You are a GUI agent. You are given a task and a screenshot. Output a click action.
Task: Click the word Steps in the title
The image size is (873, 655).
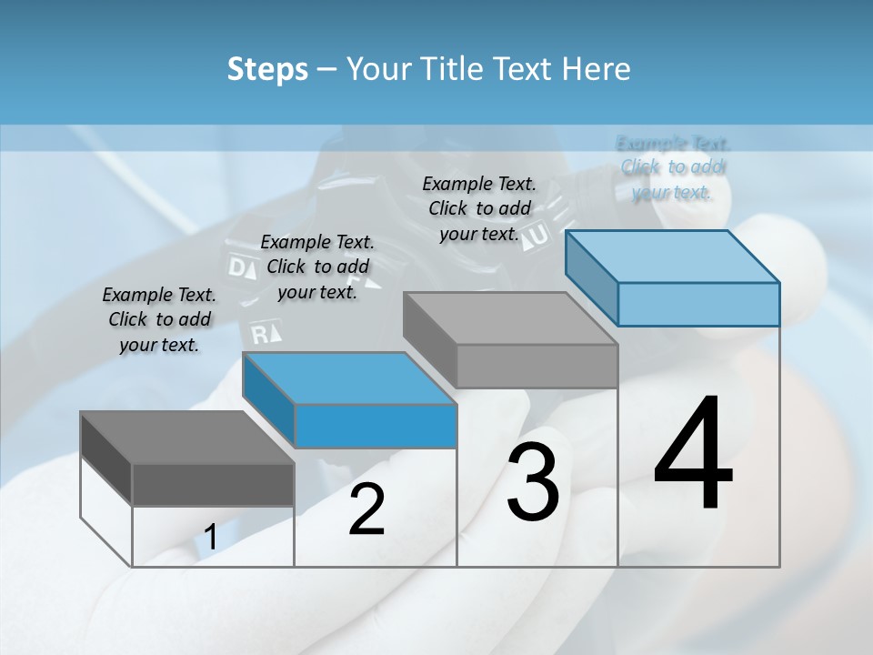click(266, 69)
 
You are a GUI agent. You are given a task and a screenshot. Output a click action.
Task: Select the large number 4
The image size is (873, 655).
click(693, 455)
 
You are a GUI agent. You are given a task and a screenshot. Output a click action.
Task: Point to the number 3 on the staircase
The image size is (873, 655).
click(533, 482)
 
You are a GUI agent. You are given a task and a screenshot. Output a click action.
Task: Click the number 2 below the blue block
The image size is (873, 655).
click(366, 509)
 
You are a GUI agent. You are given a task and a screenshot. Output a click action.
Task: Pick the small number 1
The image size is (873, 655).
click(210, 538)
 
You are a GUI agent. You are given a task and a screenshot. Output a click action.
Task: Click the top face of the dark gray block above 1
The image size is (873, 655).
click(186, 437)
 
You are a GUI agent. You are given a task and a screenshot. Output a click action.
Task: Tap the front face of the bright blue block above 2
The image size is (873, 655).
click(376, 426)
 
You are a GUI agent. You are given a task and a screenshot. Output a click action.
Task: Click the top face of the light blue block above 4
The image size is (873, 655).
click(673, 256)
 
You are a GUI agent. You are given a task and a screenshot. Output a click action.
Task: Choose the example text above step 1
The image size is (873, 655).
click(159, 320)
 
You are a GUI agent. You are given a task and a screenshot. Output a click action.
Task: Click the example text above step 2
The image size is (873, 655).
click(317, 267)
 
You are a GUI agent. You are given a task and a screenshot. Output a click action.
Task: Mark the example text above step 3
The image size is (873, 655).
click(479, 208)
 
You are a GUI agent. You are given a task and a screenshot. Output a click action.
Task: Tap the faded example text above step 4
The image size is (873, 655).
click(673, 167)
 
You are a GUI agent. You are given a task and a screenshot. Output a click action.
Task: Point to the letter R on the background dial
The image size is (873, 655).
click(262, 333)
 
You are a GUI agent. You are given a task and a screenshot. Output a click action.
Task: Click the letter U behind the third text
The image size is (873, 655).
click(539, 235)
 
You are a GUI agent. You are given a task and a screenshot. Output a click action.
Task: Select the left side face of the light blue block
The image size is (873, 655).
click(591, 278)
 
